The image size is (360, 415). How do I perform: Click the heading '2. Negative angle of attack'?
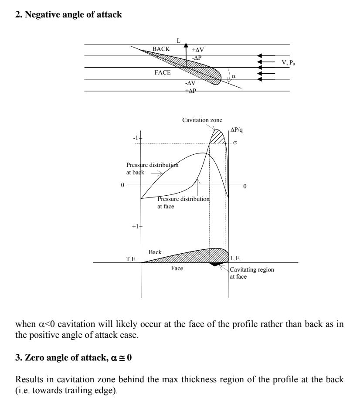click(68, 15)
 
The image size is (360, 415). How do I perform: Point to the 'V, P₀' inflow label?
click(289, 63)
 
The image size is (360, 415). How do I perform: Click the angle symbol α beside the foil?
click(233, 76)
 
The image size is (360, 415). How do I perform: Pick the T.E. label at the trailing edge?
click(132, 259)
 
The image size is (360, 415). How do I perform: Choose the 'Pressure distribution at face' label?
click(183, 202)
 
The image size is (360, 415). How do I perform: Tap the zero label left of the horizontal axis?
click(122, 185)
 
